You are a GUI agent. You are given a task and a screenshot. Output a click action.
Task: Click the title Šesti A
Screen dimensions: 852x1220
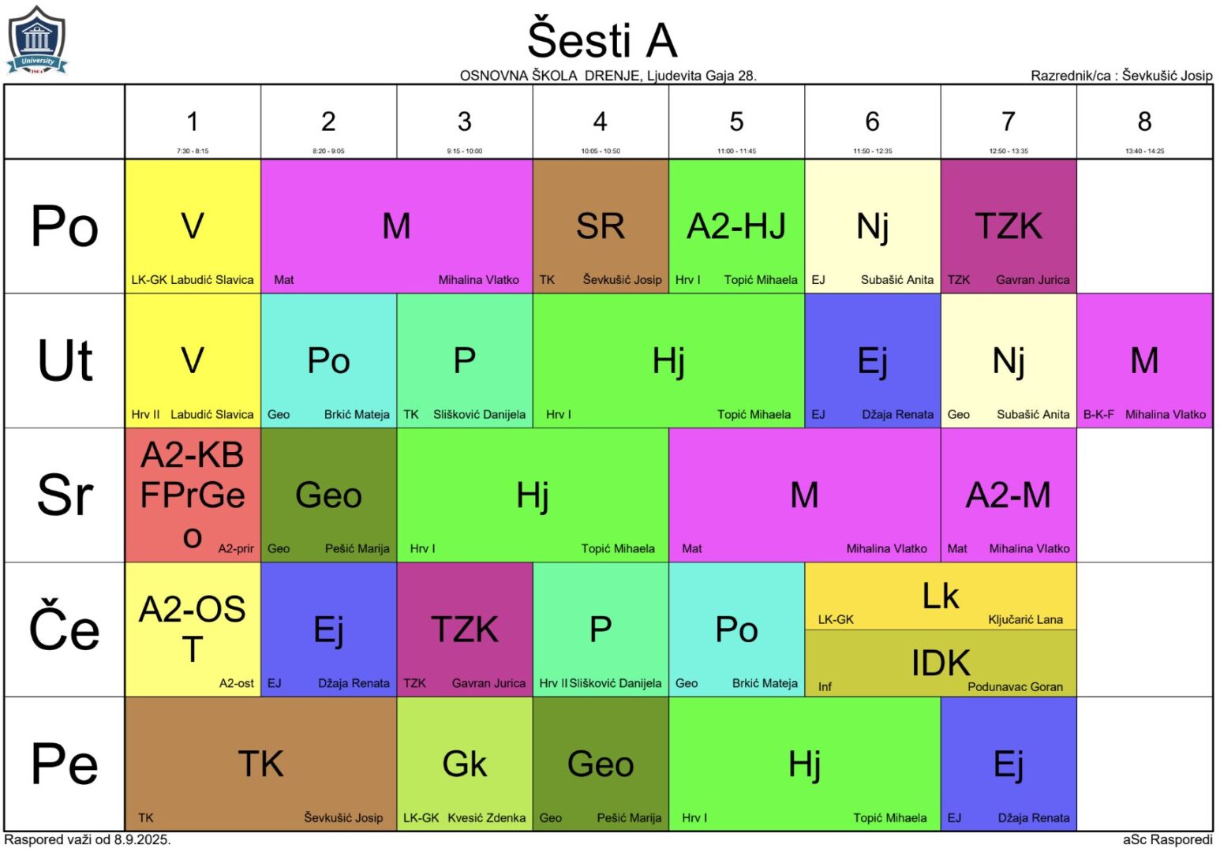point(601,39)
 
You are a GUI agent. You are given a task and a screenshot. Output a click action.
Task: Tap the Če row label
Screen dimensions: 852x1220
point(64,630)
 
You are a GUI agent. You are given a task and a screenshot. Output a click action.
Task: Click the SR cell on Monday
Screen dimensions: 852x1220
point(601,226)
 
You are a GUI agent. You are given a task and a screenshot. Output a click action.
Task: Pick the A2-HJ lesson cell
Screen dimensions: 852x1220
point(736,226)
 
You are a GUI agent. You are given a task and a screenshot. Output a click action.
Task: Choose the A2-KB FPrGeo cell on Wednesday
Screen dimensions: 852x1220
point(193,495)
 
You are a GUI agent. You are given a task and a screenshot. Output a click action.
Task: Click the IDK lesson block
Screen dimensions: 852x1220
point(940,663)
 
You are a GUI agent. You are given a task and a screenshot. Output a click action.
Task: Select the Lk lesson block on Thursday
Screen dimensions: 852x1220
point(940,596)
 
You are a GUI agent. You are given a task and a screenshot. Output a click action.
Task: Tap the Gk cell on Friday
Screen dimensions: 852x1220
point(465,764)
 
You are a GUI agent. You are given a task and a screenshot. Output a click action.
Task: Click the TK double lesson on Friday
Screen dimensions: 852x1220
point(260,764)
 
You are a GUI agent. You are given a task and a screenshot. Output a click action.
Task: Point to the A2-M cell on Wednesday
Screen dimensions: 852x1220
point(1008,495)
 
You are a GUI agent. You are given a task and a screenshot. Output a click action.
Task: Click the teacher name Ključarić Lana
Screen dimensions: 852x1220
point(1025,620)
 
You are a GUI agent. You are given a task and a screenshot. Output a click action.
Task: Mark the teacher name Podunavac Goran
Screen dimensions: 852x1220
point(1015,687)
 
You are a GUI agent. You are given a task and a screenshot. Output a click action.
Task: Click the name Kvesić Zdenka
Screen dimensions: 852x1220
point(486,818)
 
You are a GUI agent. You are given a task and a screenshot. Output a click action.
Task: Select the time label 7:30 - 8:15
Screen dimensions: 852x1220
point(193,151)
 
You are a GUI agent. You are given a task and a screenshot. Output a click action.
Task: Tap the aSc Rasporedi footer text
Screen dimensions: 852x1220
point(1167,839)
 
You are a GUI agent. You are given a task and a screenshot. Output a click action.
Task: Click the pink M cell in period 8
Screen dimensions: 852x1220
point(1143,361)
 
